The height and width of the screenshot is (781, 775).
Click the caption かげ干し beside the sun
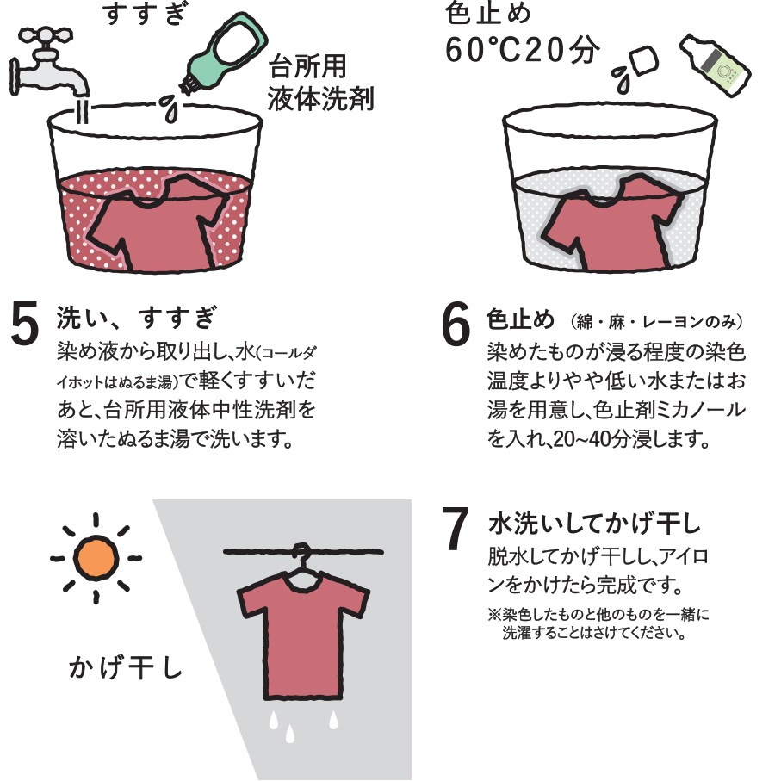click(x=126, y=667)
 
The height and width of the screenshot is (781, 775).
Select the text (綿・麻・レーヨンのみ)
click(x=655, y=321)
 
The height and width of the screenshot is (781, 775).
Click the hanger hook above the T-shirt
click(x=300, y=555)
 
